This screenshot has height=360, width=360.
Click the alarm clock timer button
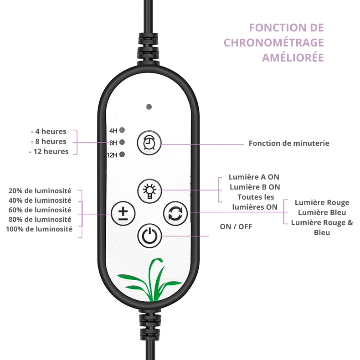149,143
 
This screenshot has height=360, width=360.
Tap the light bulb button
149,191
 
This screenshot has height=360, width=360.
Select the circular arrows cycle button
175,213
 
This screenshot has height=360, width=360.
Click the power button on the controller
149,236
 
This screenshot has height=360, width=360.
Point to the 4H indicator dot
122,130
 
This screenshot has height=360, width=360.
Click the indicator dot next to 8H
122,142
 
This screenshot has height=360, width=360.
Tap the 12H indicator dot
122,154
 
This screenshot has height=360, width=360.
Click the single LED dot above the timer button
149,107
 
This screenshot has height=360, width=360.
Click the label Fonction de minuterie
289,143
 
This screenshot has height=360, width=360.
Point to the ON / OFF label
236,226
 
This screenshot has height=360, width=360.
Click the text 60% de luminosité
40,210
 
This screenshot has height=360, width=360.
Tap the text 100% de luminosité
39,229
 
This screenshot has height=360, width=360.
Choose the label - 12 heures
49,152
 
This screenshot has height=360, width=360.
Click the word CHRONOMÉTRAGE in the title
274,42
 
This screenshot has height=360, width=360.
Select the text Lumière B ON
255,187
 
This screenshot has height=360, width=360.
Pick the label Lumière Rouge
322,202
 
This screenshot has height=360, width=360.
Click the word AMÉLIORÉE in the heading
293,57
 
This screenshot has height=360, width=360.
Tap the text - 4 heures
49,131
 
